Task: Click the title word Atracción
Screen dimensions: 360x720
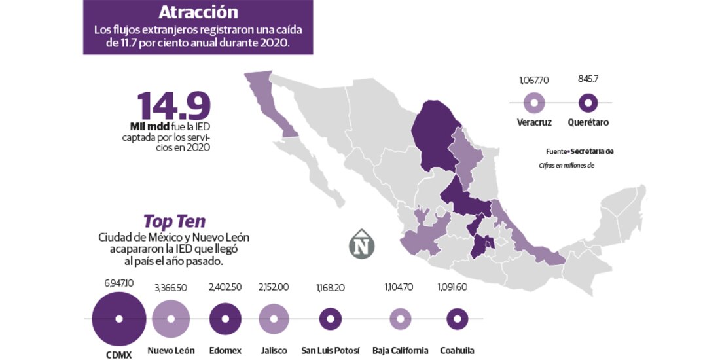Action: point(198,12)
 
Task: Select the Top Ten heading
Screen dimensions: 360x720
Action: point(174,221)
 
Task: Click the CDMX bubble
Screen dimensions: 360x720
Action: point(119,319)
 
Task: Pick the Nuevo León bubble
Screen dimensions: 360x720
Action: point(171,319)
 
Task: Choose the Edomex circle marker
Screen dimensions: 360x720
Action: point(225,319)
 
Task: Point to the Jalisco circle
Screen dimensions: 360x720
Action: point(274,319)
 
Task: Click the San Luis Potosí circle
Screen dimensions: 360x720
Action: point(331,319)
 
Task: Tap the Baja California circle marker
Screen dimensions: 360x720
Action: point(401,319)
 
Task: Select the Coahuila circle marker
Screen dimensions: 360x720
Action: point(457,319)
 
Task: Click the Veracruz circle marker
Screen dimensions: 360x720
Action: point(535,103)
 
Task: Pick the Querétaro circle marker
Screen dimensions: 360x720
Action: point(588,103)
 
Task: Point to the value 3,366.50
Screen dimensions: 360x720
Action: point(171,287)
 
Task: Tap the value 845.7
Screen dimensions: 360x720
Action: point(588,79)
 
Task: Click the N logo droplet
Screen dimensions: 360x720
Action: point(361,245)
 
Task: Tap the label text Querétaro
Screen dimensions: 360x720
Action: point(588,122)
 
